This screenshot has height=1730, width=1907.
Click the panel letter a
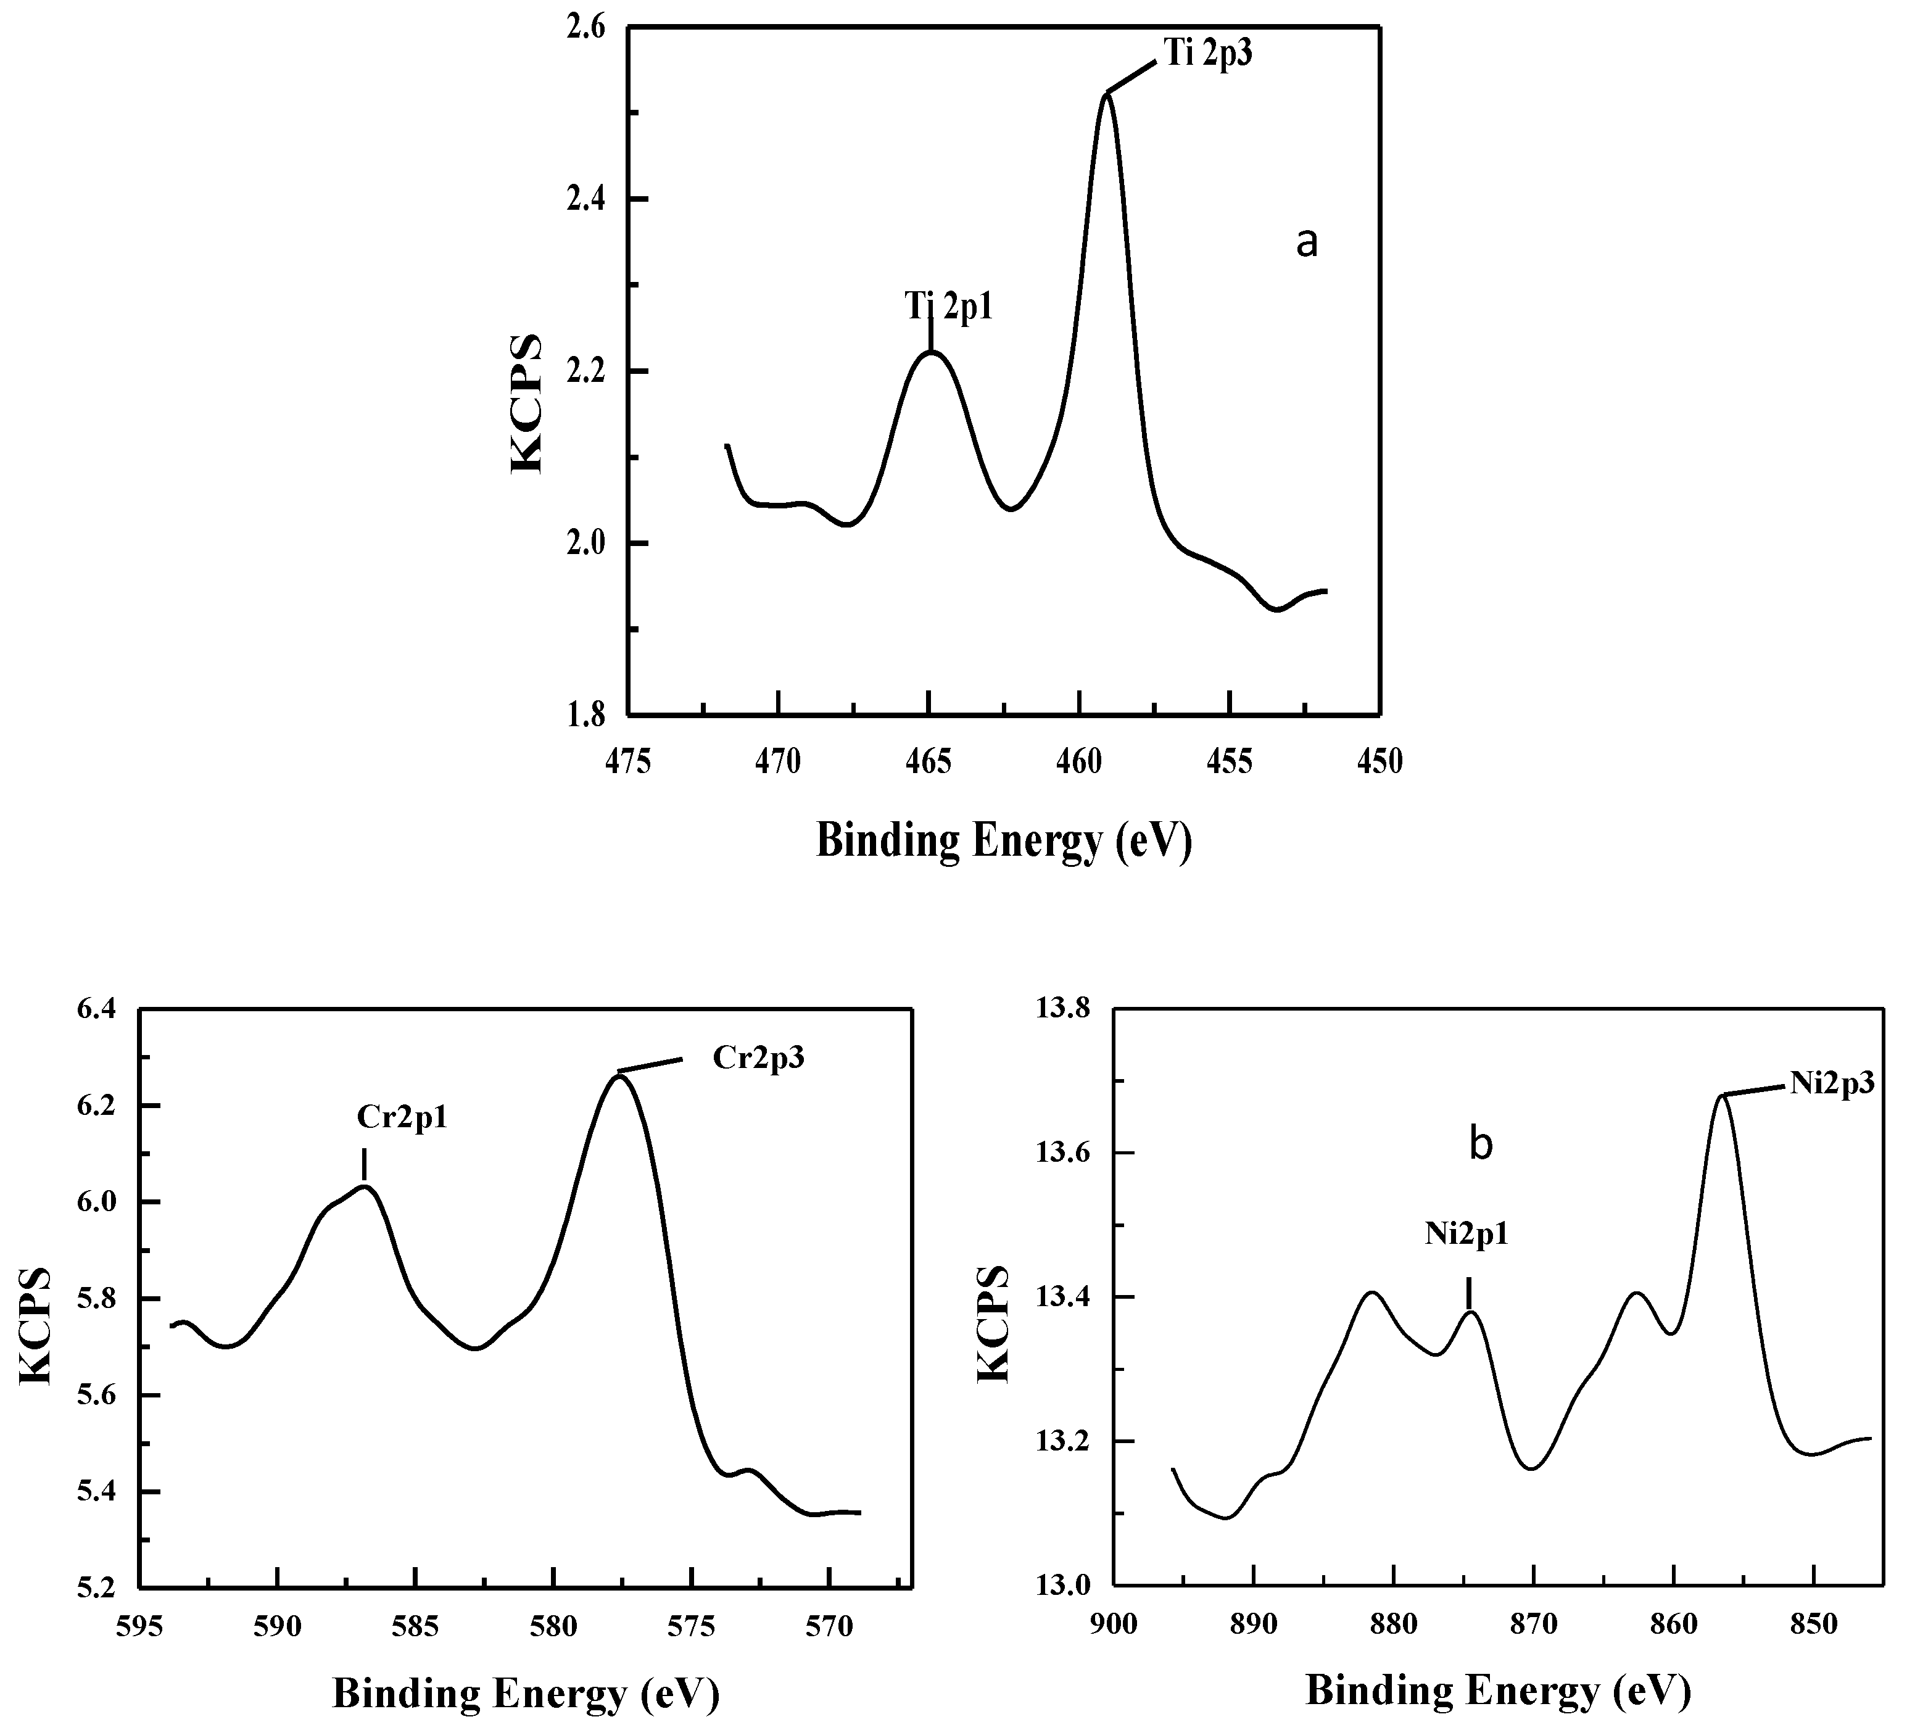click(1305, 243)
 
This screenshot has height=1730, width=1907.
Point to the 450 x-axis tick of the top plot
click(1380, 761)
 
